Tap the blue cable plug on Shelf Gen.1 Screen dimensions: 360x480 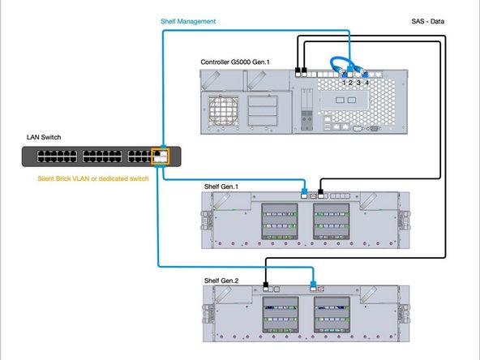pos(305,195)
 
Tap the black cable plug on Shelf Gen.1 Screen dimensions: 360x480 pos(322,195)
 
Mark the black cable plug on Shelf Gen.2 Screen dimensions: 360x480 pos(267,286)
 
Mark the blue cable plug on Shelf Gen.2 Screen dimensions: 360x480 pos(313,286)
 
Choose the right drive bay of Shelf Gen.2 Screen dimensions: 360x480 pos(336,313)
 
